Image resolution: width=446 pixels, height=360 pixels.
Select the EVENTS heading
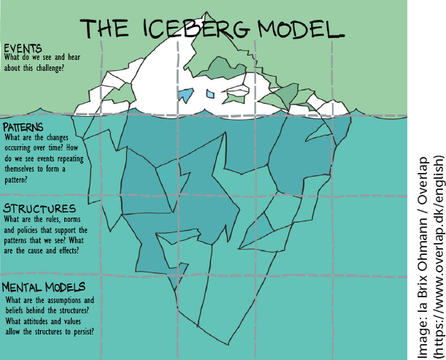coord(23,48)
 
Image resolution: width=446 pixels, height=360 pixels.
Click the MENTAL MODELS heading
coord(45,287)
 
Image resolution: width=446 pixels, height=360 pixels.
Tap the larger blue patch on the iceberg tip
coord(186,93)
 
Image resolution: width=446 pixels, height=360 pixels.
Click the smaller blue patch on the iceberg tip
coord(211,93)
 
